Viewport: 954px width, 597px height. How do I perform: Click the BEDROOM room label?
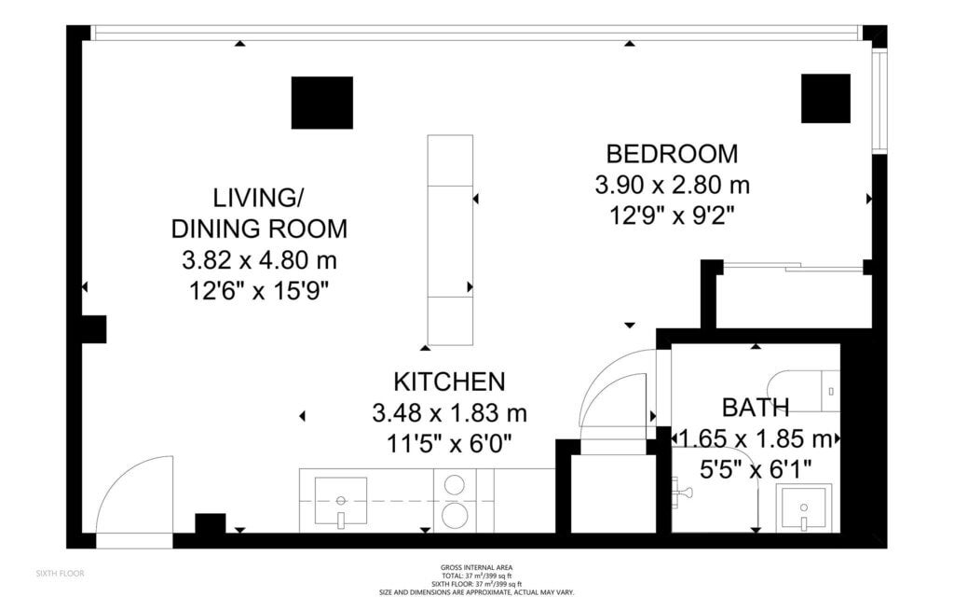coord(672,154)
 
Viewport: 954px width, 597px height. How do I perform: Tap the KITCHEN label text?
coord(450,382)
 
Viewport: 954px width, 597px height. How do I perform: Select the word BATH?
coord(756,407)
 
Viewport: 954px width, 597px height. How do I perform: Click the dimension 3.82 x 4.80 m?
coord(259,260)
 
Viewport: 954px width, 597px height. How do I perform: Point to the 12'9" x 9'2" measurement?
coord(673,215)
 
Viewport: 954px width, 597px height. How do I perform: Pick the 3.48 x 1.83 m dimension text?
coord(450,413)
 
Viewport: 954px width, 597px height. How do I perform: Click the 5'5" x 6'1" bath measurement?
coord(756,470)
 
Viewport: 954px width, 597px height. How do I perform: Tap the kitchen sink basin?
coord(341,501)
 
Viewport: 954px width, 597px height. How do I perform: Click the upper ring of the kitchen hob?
coord(454,484)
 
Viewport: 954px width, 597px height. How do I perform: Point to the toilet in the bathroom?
coord(803,391)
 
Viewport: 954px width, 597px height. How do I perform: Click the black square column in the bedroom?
coord(825,99)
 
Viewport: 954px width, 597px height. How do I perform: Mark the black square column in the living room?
coord(321,103)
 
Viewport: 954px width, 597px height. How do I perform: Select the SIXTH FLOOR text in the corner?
coord(61,574)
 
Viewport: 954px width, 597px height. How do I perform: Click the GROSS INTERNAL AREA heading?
coord(476,568)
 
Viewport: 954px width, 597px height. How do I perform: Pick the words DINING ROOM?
coord(259,229)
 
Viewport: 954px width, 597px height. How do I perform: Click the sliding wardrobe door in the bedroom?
coord(794,266)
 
